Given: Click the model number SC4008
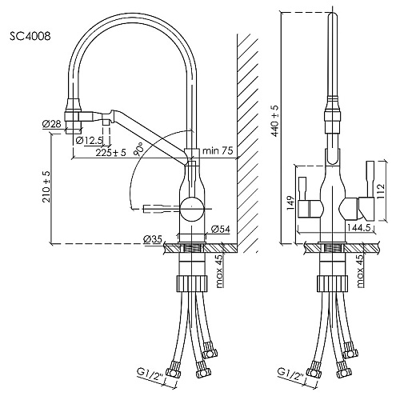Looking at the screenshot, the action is (30, 36).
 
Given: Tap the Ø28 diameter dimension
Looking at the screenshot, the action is (52, 124).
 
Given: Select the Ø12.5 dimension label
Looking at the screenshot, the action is (89, 140).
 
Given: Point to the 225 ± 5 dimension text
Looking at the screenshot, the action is (110, 153).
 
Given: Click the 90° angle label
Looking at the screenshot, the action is (139, 148).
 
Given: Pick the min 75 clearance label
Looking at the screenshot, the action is (218, 150).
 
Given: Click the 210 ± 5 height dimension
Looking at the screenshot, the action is (46, 186).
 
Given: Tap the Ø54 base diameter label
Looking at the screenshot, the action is (220, 229).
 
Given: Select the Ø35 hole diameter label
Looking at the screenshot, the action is (153, 239).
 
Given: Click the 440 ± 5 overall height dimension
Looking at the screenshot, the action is (274, 121).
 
